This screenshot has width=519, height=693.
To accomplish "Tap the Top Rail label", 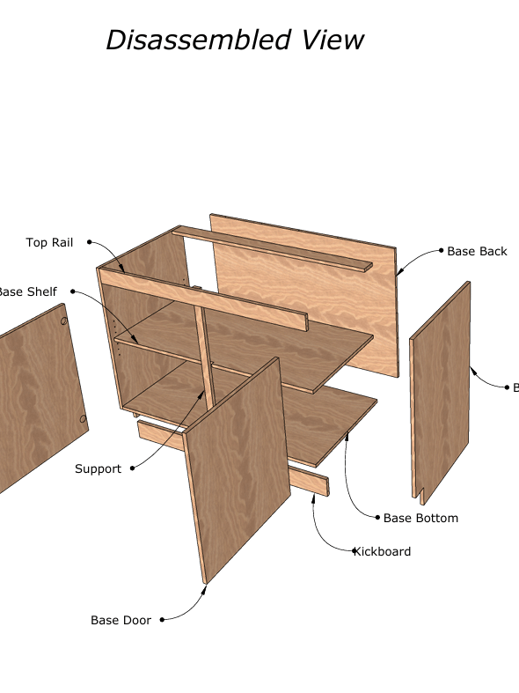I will (49, 242).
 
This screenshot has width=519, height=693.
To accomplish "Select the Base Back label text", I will (477, 251).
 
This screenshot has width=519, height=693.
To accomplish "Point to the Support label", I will (98, 468).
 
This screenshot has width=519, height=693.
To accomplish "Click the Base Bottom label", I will (420, 518).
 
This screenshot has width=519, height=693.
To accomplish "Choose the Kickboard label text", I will (383, 551).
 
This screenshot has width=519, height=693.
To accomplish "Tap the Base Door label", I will (121, 620).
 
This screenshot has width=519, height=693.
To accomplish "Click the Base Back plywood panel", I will (299, 291).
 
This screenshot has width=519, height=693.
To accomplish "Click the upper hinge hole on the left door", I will (64, 322).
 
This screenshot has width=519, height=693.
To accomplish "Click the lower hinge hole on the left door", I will (84, 419).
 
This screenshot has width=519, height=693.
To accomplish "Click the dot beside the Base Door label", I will (163, 620).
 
